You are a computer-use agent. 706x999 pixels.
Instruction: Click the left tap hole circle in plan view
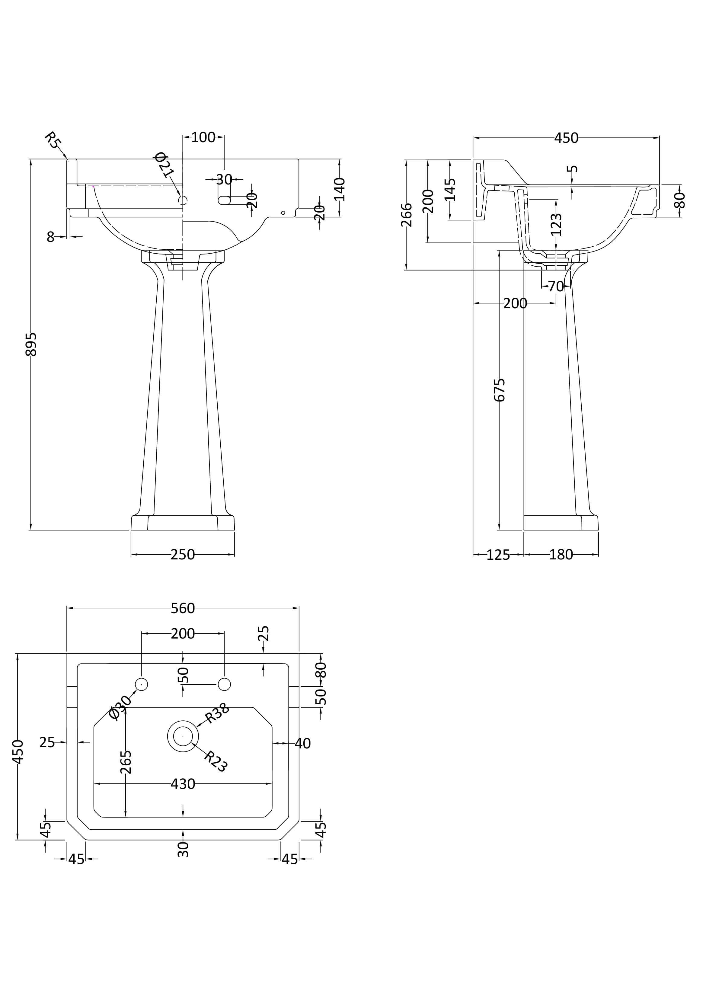pos(141,684)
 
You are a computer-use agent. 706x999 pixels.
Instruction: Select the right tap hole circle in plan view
pos(224,684)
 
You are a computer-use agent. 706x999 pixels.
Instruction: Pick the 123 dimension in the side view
pos(556,225)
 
